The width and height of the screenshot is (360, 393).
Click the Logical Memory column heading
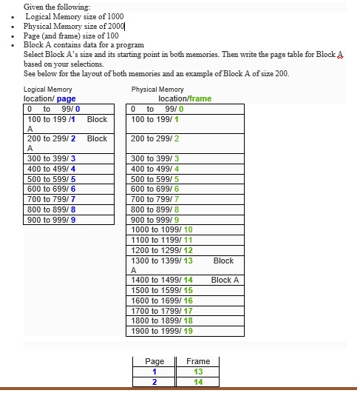pyautogui.click(x=48, y=90)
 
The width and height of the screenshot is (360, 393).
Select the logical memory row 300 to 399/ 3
pyautogui.click(x=52, y=158)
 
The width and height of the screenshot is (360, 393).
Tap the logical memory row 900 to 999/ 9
pyautogui.click(x=52, y=220)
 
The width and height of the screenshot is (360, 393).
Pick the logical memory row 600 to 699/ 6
pyautogui.click(x=52, y=189)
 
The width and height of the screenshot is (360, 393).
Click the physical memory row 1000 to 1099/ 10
pyautogui.click(x=161, y=230)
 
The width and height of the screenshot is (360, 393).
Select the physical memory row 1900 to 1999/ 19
pyautogui.click(x=161, y=331)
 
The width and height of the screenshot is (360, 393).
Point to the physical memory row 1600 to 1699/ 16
pyautogui.click(x=161, y=300)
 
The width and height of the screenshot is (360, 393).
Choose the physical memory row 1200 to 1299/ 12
pyautogui.click(x=161, y=251)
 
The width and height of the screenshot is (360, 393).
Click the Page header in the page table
pyautogui.click(x=154, y=361)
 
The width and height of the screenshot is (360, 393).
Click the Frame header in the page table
pyautogui.click(x=198, y=361)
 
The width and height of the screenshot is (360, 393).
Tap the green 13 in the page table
pyautogui.click(x=198, y=372)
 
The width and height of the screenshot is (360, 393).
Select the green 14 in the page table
pyautogui.click(x=198, y=382)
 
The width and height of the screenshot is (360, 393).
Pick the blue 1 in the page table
pyautogui.click(x=154, y=372)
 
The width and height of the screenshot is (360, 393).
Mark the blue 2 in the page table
pyautogui.click(x=154, y=382)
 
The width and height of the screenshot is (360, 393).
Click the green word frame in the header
pyautogui.click(x=200, y=98)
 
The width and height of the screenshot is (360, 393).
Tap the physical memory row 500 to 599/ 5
pyautogui.click(x=155, y=179)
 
